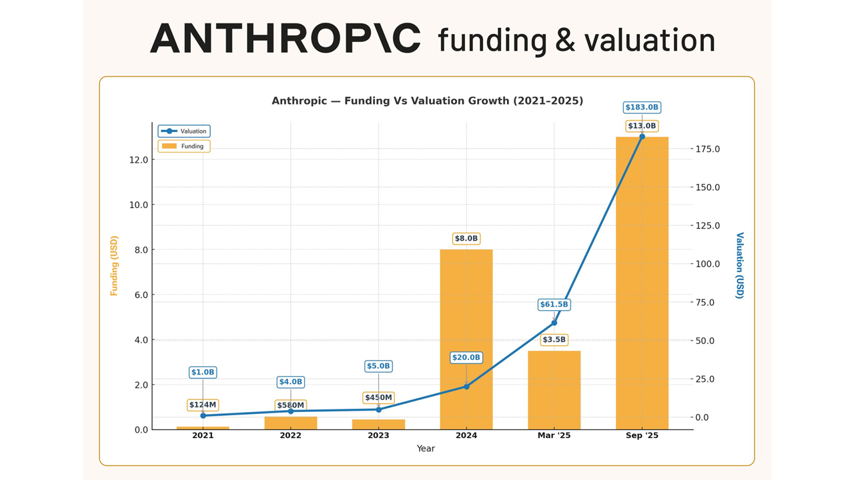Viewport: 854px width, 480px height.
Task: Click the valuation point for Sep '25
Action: click(x=642, y=137)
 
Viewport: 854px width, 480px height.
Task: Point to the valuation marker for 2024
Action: click(x=466, y=387)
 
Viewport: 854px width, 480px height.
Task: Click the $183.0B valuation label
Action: click(x=642, y=107)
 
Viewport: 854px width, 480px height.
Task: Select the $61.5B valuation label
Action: click(x=554, y=305)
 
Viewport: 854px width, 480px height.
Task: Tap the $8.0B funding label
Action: click(x=466, y=238)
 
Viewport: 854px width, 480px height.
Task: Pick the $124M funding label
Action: click(x=203, y=405)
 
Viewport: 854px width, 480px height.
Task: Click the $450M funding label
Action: click(x=378, y=398)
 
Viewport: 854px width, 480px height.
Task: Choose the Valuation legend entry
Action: click(x=184, y=131)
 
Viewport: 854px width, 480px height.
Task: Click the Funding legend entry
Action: click(x=184, y=146)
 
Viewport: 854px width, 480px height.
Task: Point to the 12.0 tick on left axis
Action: click(x=139, y=160)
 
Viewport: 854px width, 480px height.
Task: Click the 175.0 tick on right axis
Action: click(x=707, y=149)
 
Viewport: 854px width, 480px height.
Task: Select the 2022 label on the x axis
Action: click(x=290, y=435)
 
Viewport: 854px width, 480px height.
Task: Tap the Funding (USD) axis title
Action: click(x=114, y=265)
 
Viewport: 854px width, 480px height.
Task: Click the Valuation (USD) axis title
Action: click(x=739, y=265)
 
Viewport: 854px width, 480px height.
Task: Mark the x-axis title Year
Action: click(x=426, y=449)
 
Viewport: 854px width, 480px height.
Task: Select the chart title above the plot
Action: click(x=427, y=101)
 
